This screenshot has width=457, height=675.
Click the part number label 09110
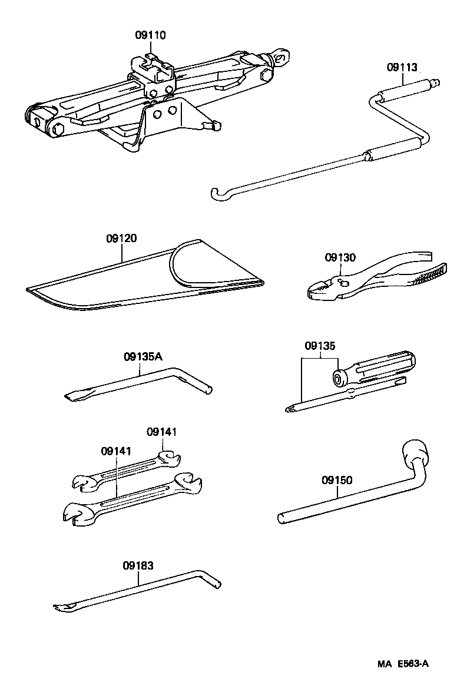(150, 35)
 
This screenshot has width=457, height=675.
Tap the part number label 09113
(402, 67)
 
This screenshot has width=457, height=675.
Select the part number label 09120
(122, 239)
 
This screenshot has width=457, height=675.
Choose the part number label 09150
(337, 480)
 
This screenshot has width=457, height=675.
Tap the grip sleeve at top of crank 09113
(405, 88)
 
